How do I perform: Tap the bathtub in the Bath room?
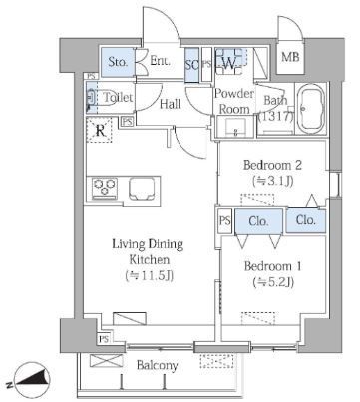click(x=311, y=109)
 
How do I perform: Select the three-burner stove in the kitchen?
click(x=105, y=189)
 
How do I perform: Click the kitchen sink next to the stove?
click(x=142, y=189)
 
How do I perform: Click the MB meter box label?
click(x=290, y=57)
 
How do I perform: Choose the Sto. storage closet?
click(x=118, y=62)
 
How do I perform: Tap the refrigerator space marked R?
click(x=100, y=130)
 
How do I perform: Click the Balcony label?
click(x=158, y=365)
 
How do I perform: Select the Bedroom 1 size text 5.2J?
click(x=273, y=282)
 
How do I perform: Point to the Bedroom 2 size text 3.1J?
click(x=273, y=181)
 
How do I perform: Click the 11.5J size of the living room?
click(x=150, y=275)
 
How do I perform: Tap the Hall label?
click(x=170, y=104)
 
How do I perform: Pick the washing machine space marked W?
click(x=229, y=62)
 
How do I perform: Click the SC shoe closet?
click(x=192, y=65)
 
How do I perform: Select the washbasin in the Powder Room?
click(x=235, y=127)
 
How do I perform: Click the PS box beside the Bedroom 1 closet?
click(x=224, y=220)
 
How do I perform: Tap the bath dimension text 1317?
click(x=276, y=117)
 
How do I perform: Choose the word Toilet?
click(x=118, y=98)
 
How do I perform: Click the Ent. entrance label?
click(x=161, y=61)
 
